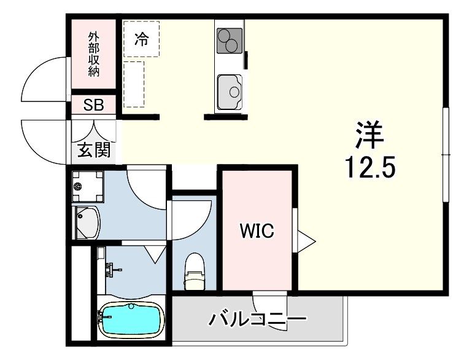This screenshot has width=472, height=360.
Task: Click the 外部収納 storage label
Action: (x=93, y=54)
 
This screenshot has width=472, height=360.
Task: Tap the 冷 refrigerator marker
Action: (x=141, y=40)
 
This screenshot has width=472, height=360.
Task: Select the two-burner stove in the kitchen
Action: (x=230, y=41)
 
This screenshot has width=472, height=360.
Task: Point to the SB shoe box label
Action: (x=94, y=105)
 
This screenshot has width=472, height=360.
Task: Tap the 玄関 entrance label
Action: (x=94, y=149)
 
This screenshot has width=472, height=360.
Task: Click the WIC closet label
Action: (x=257, y=231)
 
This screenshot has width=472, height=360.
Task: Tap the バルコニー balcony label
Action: (x=257, y=320)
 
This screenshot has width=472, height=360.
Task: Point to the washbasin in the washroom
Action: (x=87, y=222)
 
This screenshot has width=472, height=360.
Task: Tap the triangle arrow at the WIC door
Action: (x=305, y=240)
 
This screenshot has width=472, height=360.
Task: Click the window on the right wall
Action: (x=446, y=154)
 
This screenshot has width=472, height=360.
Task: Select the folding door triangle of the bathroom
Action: (x=155, y=252)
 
